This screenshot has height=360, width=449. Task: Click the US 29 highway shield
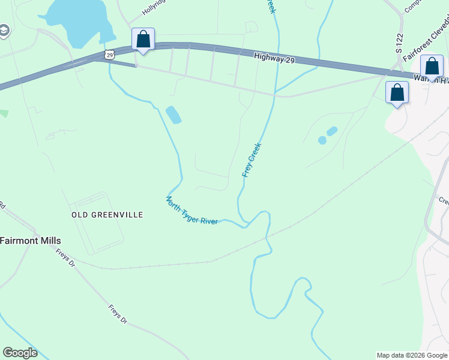tap(109, 55)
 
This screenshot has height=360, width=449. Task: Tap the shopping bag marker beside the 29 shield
tap(143, 40)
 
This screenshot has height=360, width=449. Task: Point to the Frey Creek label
tap(252, 160)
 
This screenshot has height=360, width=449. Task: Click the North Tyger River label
tap(191, 211)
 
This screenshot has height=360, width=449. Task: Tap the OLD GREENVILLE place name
tap(107, 215)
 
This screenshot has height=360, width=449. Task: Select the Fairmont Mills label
tap(30, 241)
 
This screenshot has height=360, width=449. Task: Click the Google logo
tap(20, 353)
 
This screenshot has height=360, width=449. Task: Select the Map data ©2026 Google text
tap(412, 355)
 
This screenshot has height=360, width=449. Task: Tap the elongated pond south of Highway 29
tap(173, 115)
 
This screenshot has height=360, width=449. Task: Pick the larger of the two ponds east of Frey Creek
tap(331, 130)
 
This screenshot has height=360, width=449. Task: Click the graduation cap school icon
tap(4, 31)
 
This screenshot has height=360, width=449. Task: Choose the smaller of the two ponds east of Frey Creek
tap(322, 140)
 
